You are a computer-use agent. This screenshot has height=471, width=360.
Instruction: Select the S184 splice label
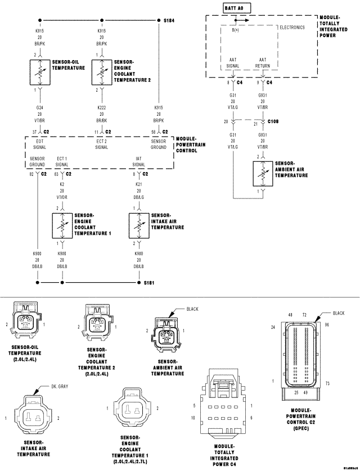point(169,20)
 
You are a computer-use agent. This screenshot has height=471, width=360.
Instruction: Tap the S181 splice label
point(148,283)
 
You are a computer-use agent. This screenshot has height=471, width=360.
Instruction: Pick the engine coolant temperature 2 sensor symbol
point(102,72)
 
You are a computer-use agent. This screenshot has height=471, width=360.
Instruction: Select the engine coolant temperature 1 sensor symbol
point(62,224)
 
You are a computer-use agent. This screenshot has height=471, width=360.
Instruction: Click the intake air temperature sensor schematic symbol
point(138,224)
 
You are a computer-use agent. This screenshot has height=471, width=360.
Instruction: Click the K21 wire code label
point(138,184)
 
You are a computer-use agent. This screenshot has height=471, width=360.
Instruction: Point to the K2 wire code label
point(62,184)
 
